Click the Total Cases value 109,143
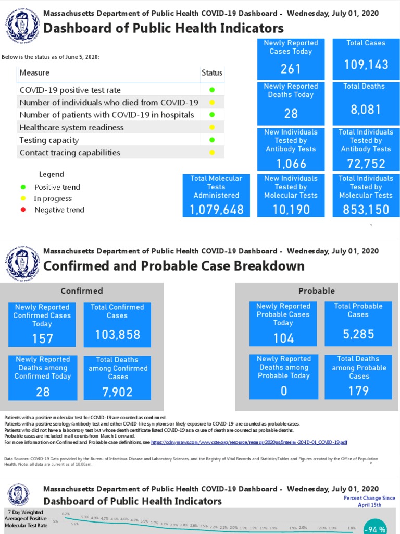[366, 65]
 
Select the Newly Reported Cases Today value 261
[291, 68]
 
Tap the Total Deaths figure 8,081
[366, 110]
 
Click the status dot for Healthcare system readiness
[212, 127]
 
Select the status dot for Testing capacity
[212, 140]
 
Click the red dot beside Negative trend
[23, 210]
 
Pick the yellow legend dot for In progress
[23, 199]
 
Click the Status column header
[212, 73]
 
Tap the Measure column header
[34, 73]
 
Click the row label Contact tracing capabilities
[70, 153]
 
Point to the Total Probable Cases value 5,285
[358, 334]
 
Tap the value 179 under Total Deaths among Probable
[358, 391]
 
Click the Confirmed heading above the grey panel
[82, 291]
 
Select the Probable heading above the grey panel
[317, 291]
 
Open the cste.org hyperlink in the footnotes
[249, 442]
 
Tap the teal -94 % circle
[375, 528]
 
